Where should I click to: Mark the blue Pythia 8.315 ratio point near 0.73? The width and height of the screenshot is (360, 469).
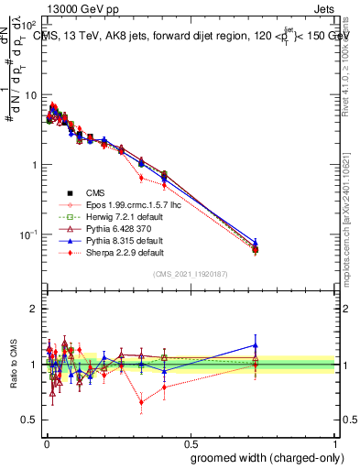click(x=256, y=345)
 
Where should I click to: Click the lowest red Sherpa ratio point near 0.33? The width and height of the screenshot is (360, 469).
click(x=141, y=401)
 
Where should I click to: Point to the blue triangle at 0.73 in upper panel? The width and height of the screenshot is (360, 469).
click(x=256, y=243)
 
